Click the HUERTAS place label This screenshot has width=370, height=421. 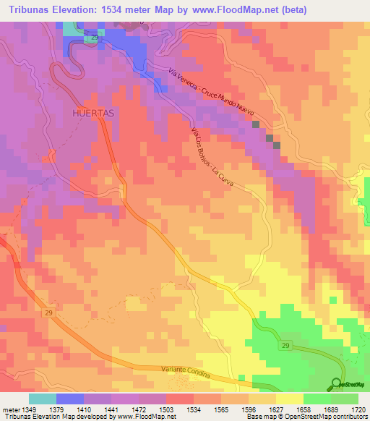click(x=95, y=114)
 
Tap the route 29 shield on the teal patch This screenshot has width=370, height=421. click(x=94, y=38)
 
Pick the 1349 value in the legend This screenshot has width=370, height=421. click(x=28, y=409)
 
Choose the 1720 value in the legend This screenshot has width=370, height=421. click(x=358, y=409)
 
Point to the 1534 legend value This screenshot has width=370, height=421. click(x=193, y=409)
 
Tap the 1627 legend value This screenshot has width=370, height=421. click(x=276, y=409)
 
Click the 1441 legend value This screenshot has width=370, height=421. click(x=111, y=409)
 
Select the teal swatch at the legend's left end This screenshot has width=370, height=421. click(x=42, y=399)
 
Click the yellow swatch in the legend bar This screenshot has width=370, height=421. click(x=289, y=399)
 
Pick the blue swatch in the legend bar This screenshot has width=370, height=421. click(x=69, y=399)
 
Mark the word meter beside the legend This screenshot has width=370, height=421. click(x=10, y=409)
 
